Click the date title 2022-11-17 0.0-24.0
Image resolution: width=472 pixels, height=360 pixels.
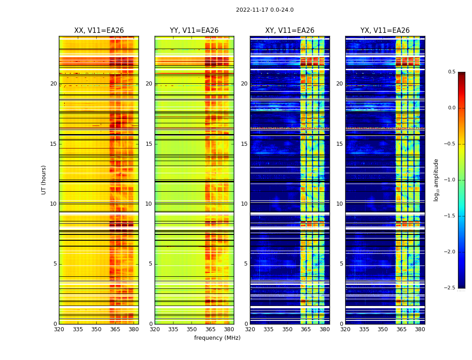pos(265,10)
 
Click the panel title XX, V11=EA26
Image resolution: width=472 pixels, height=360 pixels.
pos(99,31)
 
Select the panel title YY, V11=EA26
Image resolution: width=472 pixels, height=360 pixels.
pos(194,31)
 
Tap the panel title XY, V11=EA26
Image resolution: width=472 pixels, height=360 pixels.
pos(289,31)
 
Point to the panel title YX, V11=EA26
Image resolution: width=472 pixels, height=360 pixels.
pos(385,31)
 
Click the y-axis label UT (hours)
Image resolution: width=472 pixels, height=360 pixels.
pos(44,180)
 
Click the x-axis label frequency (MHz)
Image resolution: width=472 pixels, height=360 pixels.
pos(217,338)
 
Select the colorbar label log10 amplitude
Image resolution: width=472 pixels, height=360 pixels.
pos(436,180)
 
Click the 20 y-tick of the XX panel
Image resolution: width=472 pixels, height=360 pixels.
pos(53,84)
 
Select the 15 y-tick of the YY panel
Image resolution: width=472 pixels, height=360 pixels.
pos(149,144)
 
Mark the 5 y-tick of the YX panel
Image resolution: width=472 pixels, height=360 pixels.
pos(341,264)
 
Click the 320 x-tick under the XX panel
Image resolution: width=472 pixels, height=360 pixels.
pos(59,329)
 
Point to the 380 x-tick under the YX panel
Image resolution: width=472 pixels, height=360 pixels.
pos(420,329)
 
